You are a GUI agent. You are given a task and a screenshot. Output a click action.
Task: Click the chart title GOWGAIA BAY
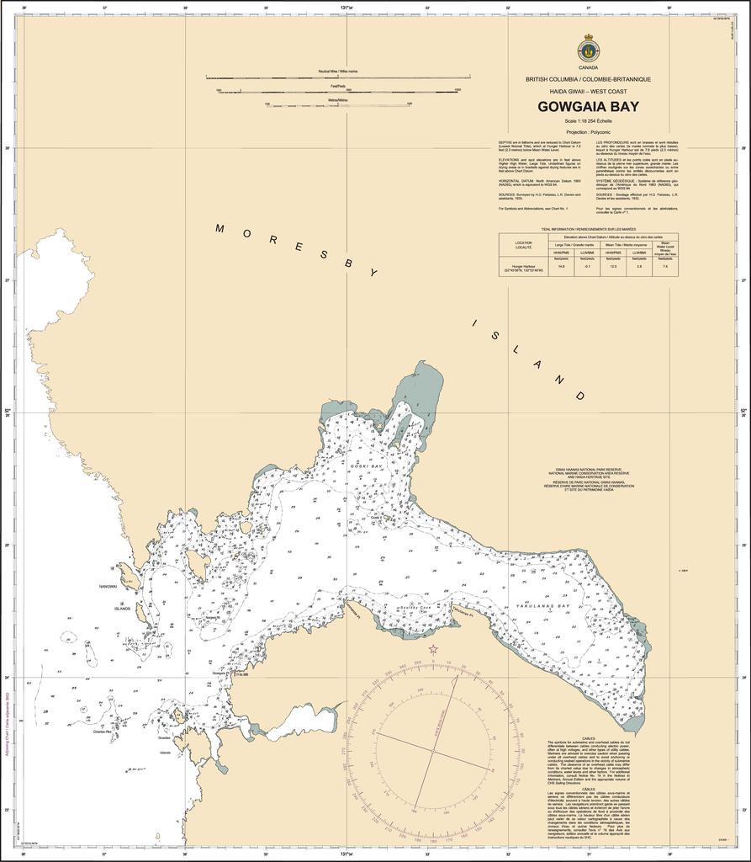(x=588, y=107)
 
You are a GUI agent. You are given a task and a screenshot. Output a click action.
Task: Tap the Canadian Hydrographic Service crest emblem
(x=588, y=48)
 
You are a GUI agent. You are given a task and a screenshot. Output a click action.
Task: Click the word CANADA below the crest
(x=588, y=67)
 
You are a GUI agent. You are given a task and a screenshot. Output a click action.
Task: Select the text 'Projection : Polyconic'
(x=588, y=132)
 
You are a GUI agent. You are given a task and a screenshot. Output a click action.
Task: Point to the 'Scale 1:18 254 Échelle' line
(x=588, y=121)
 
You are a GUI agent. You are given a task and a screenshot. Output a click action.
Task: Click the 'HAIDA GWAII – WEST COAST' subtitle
(x=588, y=90)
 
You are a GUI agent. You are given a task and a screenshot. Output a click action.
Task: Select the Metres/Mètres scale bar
(x=337, y=105)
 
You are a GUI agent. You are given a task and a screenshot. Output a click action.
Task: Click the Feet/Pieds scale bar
(x=337, y=90)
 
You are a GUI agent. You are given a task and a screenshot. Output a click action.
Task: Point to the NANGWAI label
(x=108, y=587)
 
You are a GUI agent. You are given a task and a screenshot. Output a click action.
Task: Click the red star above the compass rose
(x=433, y=649)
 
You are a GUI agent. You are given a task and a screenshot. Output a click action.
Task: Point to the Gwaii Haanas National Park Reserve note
(x=588, y=477)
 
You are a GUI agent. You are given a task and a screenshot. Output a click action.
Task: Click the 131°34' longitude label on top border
(x=346, y=7)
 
